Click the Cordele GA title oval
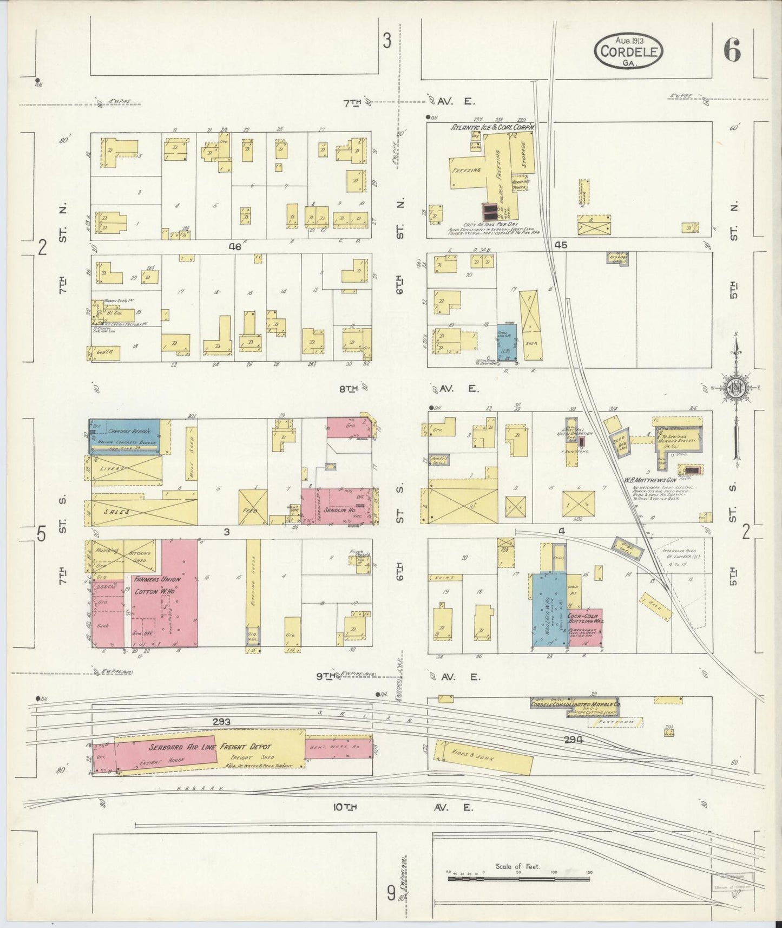point(628,51)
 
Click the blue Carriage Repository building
point(124,436)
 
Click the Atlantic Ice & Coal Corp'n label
point(493,127)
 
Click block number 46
point(234,246)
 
